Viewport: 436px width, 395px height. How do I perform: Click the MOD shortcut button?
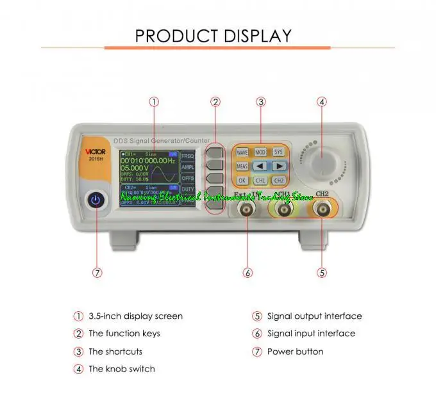pos(260,152)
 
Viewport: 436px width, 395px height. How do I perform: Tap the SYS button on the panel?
pos(278,152)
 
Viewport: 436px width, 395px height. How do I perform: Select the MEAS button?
pos(242,166)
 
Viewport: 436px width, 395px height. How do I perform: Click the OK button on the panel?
pos(242,181)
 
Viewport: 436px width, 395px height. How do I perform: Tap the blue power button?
pos(96,201)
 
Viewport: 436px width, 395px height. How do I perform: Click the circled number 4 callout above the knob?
pos(322,101)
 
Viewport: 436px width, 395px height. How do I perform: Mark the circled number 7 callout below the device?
pos(97,272)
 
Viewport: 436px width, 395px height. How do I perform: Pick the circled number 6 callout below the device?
pos(247,272)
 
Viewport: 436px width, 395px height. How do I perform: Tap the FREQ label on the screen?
pos(188,156)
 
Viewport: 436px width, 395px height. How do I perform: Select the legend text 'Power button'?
pos(295,351)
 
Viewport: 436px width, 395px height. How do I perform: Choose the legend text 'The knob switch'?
pos(122,369)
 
